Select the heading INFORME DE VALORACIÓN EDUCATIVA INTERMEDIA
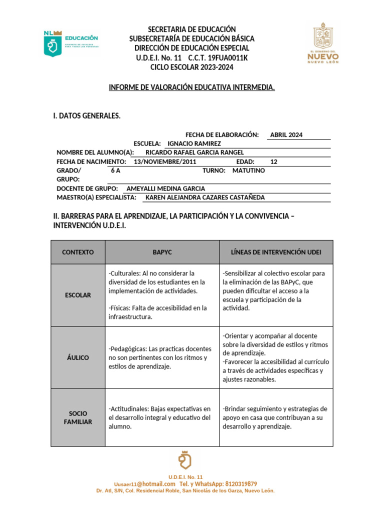tap(191, 87)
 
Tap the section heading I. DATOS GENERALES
tap(86, 116)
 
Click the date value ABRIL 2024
tap(286, 135)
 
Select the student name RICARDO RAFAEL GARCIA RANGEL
tap(194, 152)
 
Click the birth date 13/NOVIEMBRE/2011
tap(165, 161)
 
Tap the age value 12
tap(273, 161)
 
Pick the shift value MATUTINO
tap(248, 170)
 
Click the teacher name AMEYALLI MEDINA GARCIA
tap(165, 188)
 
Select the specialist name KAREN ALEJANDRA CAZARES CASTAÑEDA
tap(204, 197)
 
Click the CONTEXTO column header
tap(77, 252)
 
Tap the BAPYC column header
tap(162, 252)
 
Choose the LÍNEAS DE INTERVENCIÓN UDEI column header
tap(276, 252)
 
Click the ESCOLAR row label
tap(77, 295)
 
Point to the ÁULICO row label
tap(77, 357)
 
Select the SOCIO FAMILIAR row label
tap(77, 417)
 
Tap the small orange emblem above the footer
tap(185, 460)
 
